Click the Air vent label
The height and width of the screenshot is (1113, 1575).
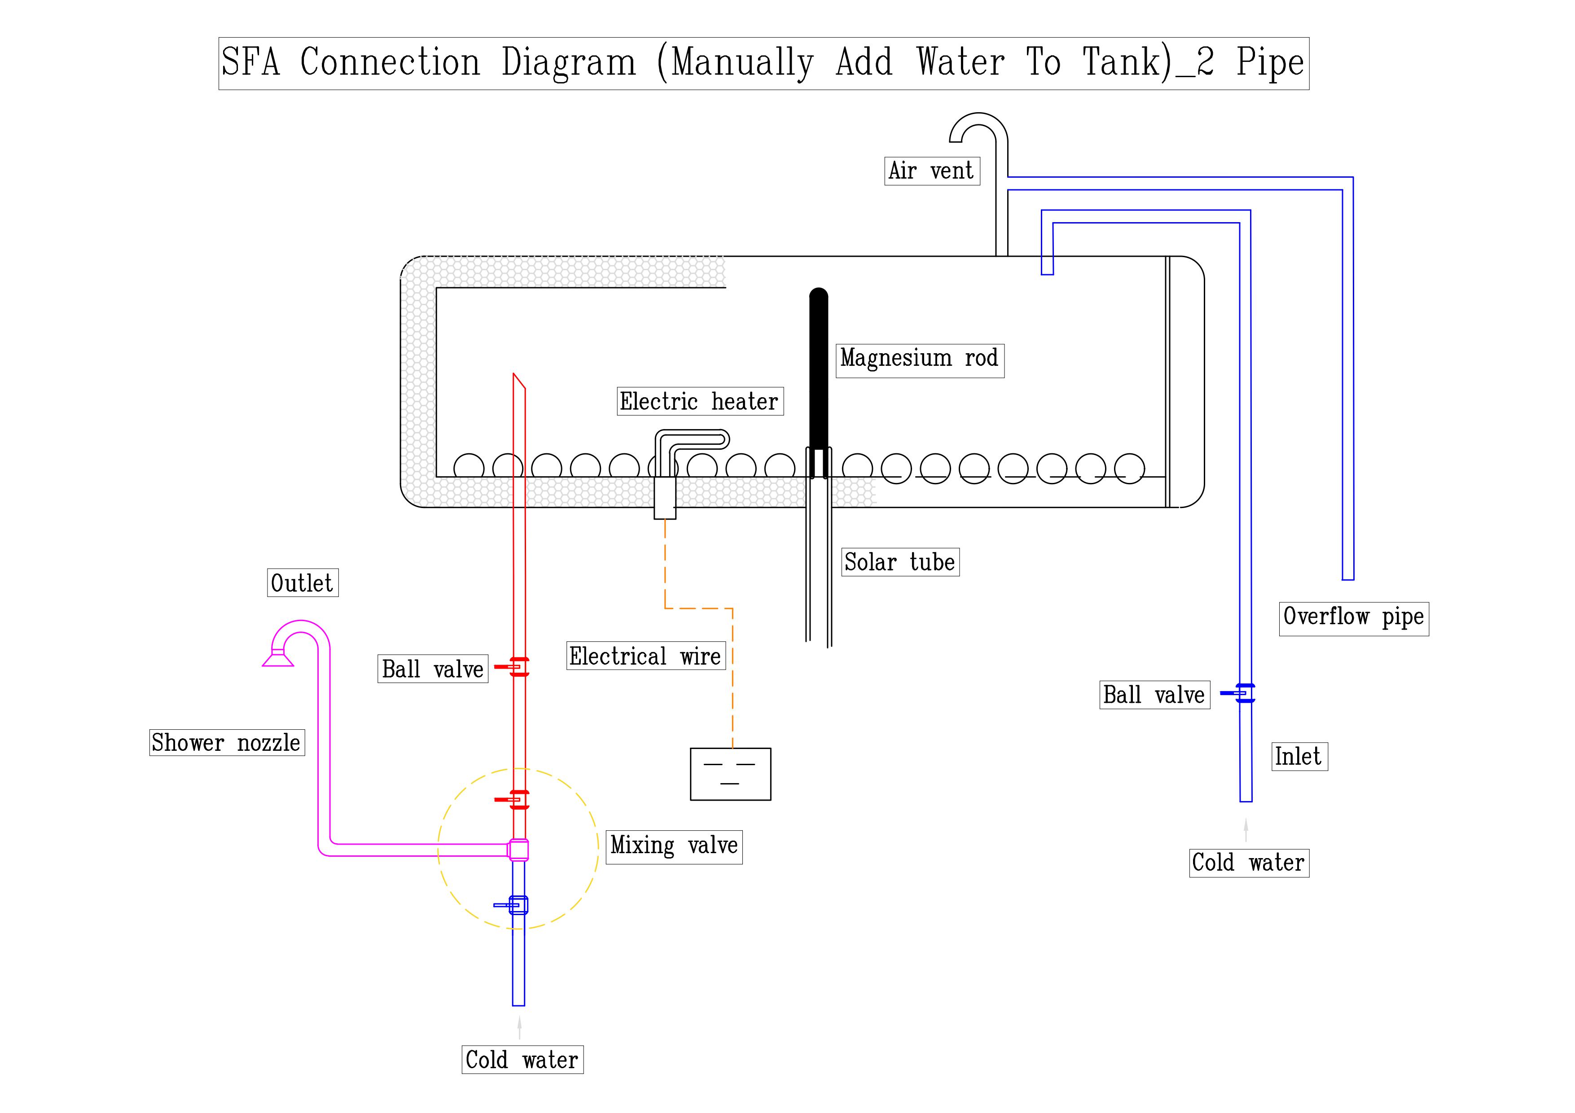(x=931, y=171)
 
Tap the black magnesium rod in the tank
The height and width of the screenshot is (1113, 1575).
(x=818, y=370)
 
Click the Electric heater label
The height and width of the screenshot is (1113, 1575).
(x=700, y=402)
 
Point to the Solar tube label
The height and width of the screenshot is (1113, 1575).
(x=899, y=562)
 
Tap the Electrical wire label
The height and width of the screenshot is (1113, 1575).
(x=645, y=656)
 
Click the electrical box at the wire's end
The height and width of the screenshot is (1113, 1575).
(x=730, y=774)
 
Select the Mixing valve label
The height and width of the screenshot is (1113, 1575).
(x=674, y=846)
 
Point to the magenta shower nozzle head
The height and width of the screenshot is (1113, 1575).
(x=278, y=658)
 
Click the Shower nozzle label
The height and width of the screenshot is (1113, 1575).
(x=226, y=743)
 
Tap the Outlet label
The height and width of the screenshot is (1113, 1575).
(x=303, y=583)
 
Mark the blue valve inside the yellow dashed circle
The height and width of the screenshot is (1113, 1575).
(x=517, y=905)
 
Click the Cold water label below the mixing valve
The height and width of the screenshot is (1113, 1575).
(x=522, y=1060)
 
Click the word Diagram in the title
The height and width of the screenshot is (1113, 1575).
(x=569, y=63)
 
